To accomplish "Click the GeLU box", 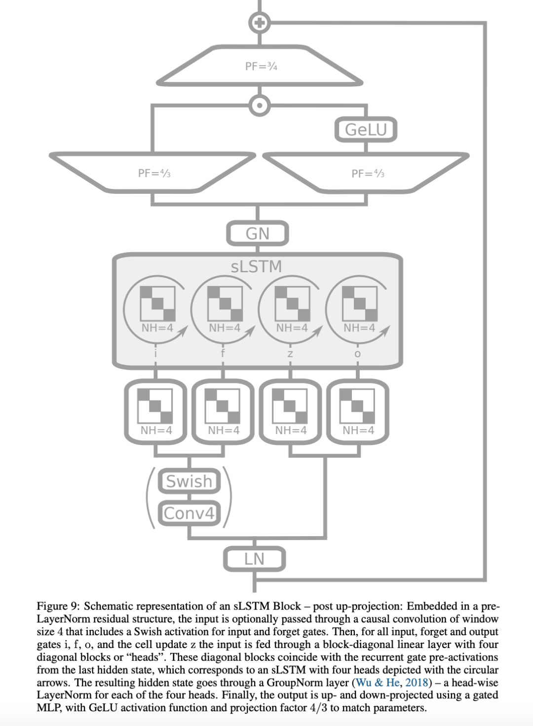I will click(x=366, y=130).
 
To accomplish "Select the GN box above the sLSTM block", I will click(x=257, y=233).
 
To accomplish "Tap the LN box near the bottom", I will click(x=254, y=559).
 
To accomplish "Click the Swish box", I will click(x=189, y=481).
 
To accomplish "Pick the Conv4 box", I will click(x=189, y=513).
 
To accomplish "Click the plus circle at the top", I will click(x=259, y=22).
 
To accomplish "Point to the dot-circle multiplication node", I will click(x=259, y=105).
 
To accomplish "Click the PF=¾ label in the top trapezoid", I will click(x=261, y=66).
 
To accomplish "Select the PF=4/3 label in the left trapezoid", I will click(x=154, y=173).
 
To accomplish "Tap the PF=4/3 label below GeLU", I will click(x=368, y=174).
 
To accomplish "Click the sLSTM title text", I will click(x=256, y=266).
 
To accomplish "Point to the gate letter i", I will click(x=155, y=353).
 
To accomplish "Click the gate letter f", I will click(x=223, y=353).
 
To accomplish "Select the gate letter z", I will click(x=290, y=354).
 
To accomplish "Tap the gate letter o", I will click(x=358, y=354).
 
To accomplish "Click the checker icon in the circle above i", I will click(x=157, y=303).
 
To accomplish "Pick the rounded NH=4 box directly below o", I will click(x=358, y=412).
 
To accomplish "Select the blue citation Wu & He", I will click(x=378, y=683).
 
